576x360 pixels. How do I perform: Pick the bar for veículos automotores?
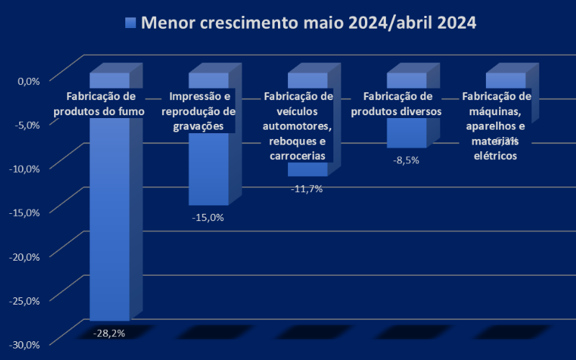pos(307,169)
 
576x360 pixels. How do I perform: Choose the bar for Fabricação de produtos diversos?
pos(406,132)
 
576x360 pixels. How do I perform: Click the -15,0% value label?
pos(208,217)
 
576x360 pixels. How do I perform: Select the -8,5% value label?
pos(406,160)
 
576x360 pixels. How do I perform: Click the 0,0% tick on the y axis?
pos(28,81)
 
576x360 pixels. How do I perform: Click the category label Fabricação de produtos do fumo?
pos(99,104)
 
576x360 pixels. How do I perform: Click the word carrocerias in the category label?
pos(297,156)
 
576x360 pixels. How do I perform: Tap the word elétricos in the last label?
pos(495,156)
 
